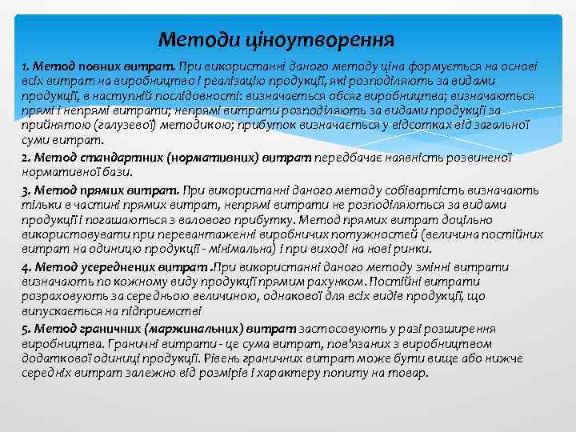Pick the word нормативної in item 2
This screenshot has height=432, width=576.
58,171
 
